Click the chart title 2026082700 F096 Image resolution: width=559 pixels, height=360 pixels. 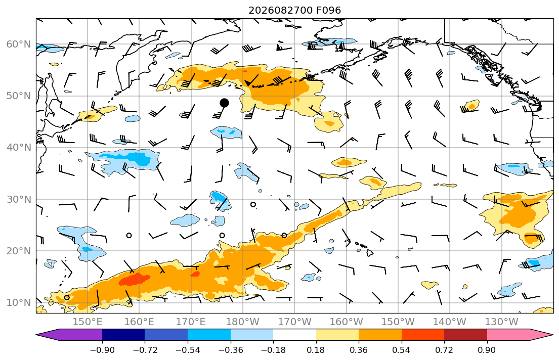point(294,10)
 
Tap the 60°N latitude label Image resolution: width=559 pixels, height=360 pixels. point(19,44)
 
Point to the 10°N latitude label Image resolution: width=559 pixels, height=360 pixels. point(19,303)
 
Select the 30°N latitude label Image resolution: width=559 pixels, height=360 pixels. point(19,199)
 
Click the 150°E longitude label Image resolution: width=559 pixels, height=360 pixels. point(88,322)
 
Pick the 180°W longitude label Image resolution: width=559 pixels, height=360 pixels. point(243,322)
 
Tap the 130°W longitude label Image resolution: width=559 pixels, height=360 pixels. point(502,322)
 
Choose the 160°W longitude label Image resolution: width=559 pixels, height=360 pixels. point(346,322)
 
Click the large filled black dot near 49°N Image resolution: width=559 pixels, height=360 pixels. point(224,103)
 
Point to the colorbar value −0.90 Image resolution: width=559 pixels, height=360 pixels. point(102,350)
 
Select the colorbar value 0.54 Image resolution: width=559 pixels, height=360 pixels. point(402,350)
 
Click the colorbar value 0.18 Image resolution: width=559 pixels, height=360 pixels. point(316,350)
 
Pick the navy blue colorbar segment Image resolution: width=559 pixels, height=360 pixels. point(123,335)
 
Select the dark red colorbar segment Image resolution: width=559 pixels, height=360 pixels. point(465,335)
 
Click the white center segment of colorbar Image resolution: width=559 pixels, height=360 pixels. point(294,335)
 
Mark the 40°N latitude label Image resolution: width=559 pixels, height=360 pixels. point(19,148)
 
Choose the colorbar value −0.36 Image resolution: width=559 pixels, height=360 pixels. point(231,350)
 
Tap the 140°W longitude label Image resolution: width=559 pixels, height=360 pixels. point(450,322)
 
